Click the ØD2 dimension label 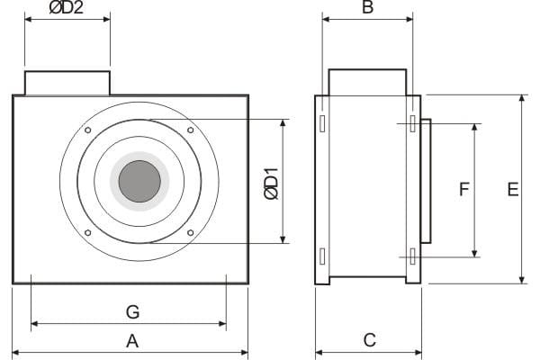coord(67,7)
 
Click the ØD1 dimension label coord(272,184)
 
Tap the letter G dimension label coord(132,311)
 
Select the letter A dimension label coord(132,341)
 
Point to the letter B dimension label coord(368,7)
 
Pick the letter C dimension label coord(370,340)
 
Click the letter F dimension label coord(464,189)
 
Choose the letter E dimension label coord(513,189)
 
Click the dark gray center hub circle coord(139,181)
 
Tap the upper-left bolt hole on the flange coord(88,130)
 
